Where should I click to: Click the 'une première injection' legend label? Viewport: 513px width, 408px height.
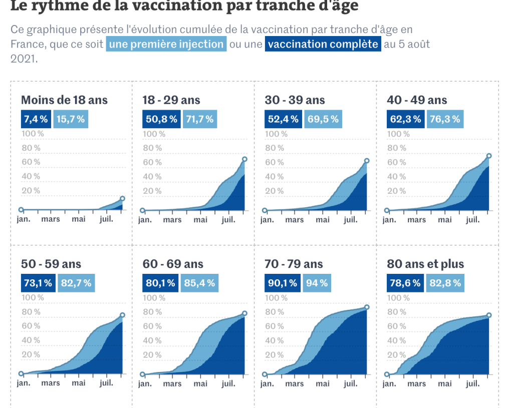[166, 44]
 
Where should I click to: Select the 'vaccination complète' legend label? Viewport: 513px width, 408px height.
[323, 44]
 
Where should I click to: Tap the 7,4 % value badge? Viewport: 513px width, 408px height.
[36, 119]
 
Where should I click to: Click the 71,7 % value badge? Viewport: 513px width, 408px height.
[200, 119]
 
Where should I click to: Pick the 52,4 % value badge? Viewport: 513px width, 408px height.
[283, 119]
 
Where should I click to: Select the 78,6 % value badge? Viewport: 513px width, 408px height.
[405, 283]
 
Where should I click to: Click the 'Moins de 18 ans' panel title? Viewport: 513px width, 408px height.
[64, 100]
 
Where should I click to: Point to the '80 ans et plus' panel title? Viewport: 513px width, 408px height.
[425, 264]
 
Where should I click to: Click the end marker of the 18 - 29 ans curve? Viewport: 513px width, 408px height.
[244, 159]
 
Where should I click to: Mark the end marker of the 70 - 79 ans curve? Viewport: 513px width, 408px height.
[367, 307]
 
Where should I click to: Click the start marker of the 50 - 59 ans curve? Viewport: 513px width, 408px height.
[21, 374]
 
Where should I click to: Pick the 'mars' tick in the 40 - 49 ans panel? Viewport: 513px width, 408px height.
[416, 220]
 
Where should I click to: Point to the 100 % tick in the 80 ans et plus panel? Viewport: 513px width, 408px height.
[398, 297]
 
